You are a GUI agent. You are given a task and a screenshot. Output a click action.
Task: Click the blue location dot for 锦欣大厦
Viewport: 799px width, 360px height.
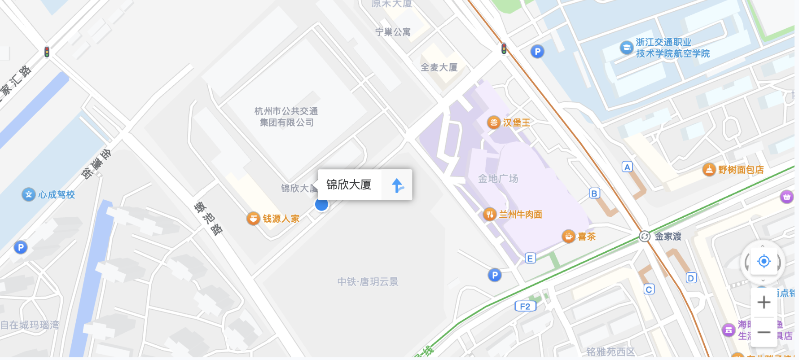click(321, 205)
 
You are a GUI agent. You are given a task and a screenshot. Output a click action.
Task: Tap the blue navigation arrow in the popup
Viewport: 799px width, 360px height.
click(397, 185)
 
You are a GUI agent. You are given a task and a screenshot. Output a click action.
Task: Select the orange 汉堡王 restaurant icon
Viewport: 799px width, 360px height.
click(494, 122)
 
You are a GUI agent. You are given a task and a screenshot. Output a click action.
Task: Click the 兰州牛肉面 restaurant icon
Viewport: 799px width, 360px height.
click(490, 215)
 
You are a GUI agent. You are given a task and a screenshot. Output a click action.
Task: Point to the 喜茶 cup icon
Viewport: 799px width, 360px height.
click(569, 236)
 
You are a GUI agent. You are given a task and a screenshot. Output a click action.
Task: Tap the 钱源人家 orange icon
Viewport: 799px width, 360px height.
click(254, 219)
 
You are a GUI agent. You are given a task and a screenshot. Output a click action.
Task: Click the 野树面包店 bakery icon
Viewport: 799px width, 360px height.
click(709, 170)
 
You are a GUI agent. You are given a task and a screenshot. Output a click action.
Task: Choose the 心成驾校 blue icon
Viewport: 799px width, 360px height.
click(29, 194)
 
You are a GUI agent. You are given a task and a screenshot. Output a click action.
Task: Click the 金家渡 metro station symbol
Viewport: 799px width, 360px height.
click(645, 237)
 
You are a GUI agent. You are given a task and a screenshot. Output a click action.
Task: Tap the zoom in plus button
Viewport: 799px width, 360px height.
click(764, 302)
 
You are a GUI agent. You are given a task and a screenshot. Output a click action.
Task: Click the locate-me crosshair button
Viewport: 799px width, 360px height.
click(764, 261)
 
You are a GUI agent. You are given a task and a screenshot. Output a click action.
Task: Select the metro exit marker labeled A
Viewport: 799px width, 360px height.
click(628, 167)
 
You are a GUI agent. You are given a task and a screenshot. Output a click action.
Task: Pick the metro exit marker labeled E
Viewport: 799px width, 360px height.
click(530, 258)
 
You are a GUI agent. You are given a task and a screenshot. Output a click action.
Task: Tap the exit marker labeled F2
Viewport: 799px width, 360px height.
click(525, 307)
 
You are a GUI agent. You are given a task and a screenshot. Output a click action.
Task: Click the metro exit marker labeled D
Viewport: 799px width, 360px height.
click(691, 278)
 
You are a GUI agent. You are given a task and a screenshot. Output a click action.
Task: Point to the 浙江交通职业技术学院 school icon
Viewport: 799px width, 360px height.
click(627, 47)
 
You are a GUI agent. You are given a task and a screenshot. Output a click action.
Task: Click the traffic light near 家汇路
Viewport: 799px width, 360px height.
click(47, 52)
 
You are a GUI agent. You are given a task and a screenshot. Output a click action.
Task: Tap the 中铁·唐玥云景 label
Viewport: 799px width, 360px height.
click(368, 281)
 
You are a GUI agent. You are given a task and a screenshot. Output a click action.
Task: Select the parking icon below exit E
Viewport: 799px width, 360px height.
click(495, 275)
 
